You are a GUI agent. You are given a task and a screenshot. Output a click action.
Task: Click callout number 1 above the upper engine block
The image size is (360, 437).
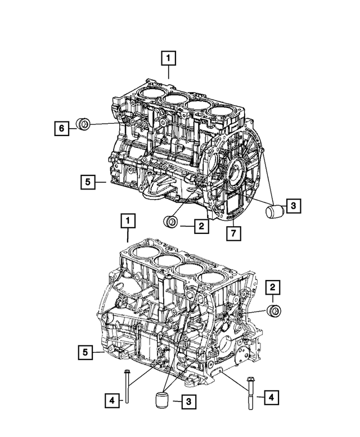coord(169,57)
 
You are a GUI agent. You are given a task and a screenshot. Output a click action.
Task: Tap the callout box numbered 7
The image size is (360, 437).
coord(231,232)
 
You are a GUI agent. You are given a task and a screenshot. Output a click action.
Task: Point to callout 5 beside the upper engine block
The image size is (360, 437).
coord(87,182)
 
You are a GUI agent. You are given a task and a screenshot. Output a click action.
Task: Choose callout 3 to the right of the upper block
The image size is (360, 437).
coord(292,206)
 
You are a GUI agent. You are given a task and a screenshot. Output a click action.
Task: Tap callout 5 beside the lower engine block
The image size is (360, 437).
coord(84,353)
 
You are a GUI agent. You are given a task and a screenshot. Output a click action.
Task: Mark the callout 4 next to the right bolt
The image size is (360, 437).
coord(271,398)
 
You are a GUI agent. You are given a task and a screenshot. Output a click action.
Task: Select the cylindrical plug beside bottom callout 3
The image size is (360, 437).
coord(161,404)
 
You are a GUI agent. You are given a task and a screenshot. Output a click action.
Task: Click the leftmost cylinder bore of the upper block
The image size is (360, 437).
coord(152,93)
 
